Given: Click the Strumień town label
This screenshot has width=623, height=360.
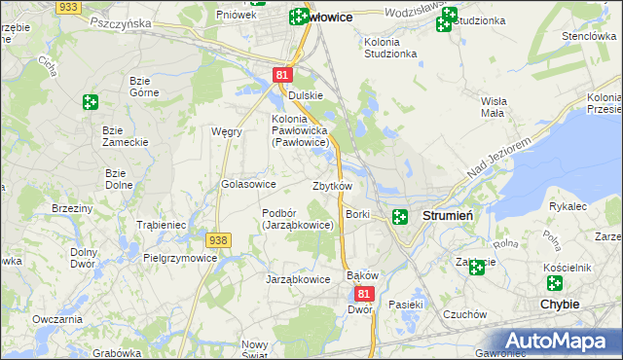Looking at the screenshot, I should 448,215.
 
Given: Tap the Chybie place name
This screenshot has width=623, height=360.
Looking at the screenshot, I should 559,304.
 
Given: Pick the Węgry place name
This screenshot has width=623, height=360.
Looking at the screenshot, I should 227,131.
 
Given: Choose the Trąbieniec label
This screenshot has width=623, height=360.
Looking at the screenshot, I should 162,224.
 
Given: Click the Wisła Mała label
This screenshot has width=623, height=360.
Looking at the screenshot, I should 493,106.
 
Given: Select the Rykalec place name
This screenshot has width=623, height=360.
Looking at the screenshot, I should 567,206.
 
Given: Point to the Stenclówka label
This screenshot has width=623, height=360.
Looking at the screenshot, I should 584,36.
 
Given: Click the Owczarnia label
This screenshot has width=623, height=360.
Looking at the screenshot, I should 55,319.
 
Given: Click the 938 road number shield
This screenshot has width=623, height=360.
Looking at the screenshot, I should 218,239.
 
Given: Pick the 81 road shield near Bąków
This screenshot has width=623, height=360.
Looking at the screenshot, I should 363,293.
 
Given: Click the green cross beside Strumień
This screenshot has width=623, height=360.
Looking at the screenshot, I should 399,216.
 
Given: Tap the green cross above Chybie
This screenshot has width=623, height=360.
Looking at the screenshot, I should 555,283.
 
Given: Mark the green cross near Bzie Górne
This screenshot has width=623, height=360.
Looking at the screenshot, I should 91,101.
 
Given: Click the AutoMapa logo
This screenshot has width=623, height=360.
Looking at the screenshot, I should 558,342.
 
